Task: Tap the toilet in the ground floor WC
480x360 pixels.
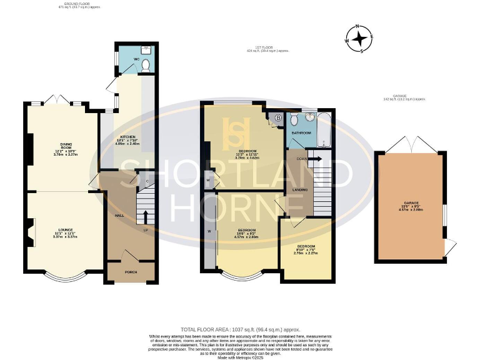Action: tap(145, 64)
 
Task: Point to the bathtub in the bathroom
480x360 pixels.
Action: tap(324, 129)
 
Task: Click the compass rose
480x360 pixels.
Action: tap(360, 39)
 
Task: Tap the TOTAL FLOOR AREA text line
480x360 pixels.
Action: tap(240, 329)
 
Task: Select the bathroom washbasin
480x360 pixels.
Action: tap(309, 116)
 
